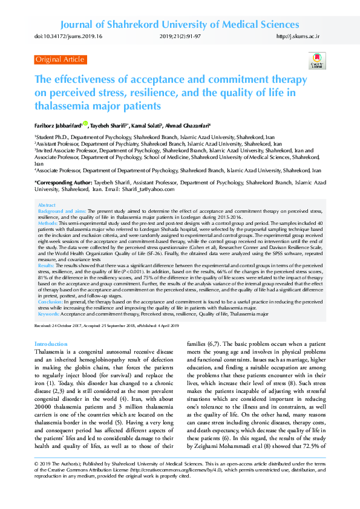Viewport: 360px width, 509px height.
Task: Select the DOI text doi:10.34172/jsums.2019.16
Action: (68, 37)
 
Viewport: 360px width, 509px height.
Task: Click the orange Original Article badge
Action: (61, 59)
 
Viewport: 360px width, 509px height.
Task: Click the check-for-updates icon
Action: (317, 61)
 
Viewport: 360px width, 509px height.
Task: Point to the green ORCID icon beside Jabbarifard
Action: (85, 124)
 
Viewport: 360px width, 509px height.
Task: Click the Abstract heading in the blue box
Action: (47, 206)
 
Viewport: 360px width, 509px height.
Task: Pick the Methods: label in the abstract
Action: (48, 223)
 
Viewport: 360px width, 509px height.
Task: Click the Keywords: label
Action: (49, 314)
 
